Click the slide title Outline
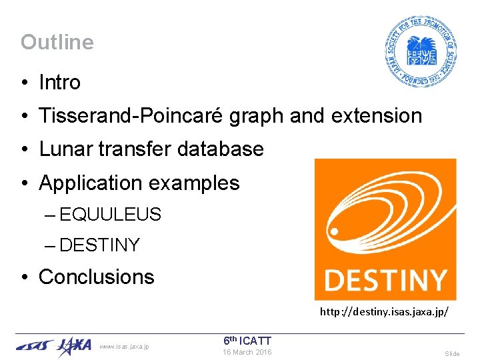pos(57,42)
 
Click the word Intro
pos(59,83)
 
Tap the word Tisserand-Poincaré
pos(131,116)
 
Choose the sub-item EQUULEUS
pos(110,215)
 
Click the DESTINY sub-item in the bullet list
pos(99,245)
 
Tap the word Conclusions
pos(97,277)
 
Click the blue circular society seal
pos(420,51)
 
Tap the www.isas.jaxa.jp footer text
pos(124,346)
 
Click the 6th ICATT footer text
pos(247,341)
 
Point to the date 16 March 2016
pos(247,352)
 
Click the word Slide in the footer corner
pos(452,353)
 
